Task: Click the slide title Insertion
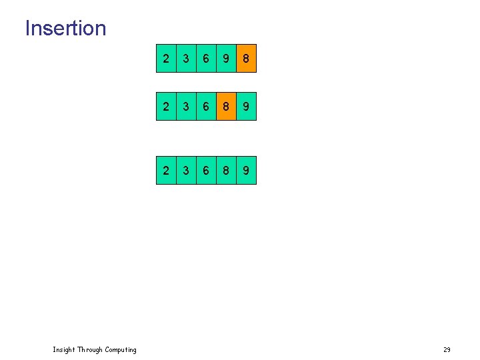(65, 28)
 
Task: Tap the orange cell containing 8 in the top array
(246, 59)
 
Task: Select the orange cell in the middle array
(226, 107)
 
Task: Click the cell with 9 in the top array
(226, 59)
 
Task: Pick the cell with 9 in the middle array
(246, 107)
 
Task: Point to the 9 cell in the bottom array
(246, 171)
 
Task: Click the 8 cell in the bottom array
(226, 171)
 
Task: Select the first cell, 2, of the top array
(166, 59)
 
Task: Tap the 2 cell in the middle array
(166, 107)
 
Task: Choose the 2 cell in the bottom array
(166, 171)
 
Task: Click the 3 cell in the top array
(186, 59)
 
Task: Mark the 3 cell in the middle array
(186, 107)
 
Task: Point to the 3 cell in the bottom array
(186, 171)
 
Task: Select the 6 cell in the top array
(206, 59)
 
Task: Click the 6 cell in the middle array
(206, 107)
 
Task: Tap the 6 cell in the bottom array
(206, 171)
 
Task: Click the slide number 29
(447, 350)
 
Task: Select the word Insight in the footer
(64, 350)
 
